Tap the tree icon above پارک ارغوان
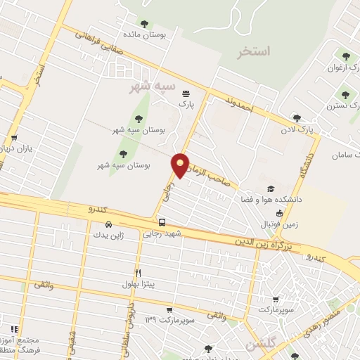(x=345, y=55)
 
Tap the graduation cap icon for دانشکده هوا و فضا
(x=271, y=189)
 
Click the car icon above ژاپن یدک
(x=101, y=225)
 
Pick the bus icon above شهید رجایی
(x=162, y=223)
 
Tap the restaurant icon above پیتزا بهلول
(x=139, y=273)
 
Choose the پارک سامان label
(x=345, y=153)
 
